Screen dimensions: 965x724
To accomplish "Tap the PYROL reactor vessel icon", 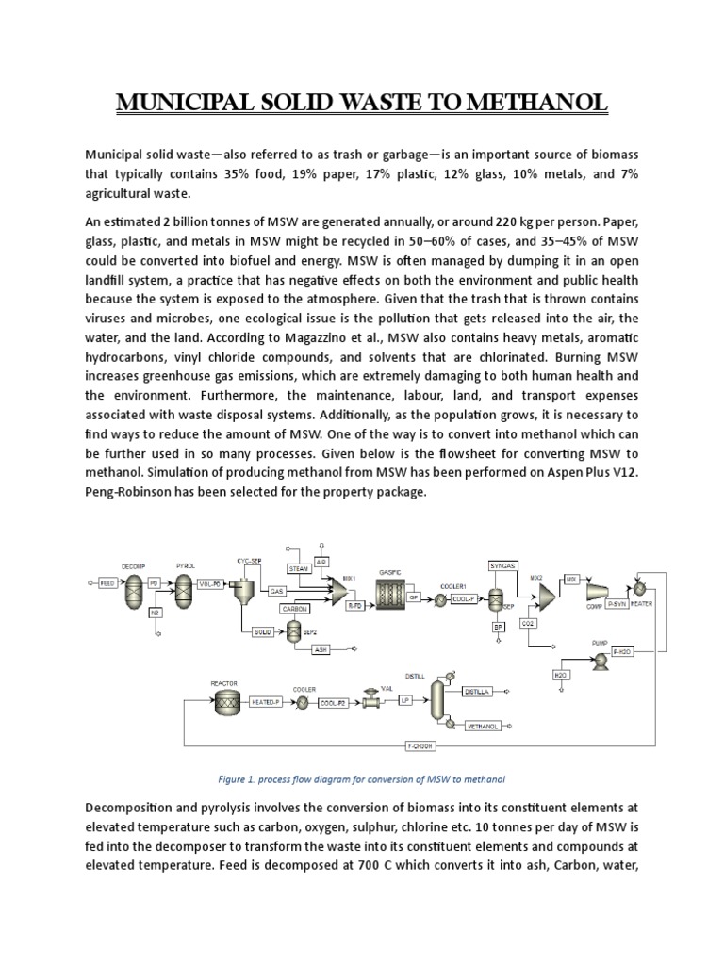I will pos(182,585).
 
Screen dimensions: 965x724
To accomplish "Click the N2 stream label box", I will pos(156,613).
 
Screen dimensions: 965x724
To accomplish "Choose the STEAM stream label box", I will pos(299,569).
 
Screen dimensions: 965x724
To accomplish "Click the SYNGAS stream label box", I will pos(502,565).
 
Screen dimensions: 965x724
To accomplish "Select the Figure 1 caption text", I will pos(361,779).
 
